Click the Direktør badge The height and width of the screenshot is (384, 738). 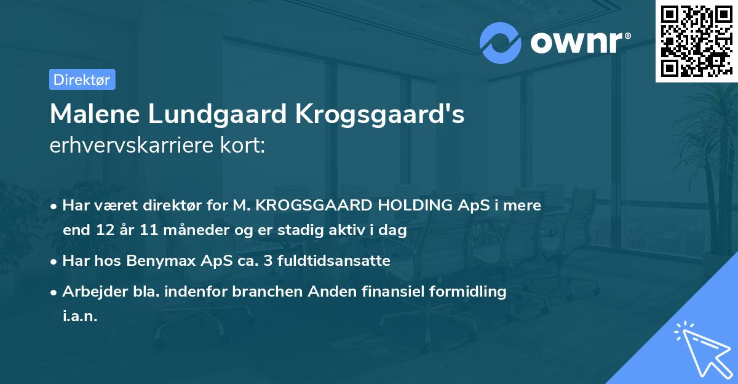pyautogui.click(x=82, y=79)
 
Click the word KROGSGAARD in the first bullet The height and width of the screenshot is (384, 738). pyautogui.click(x=307, y=206)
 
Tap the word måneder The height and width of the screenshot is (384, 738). pyautogui.click(x=178, y=231)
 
